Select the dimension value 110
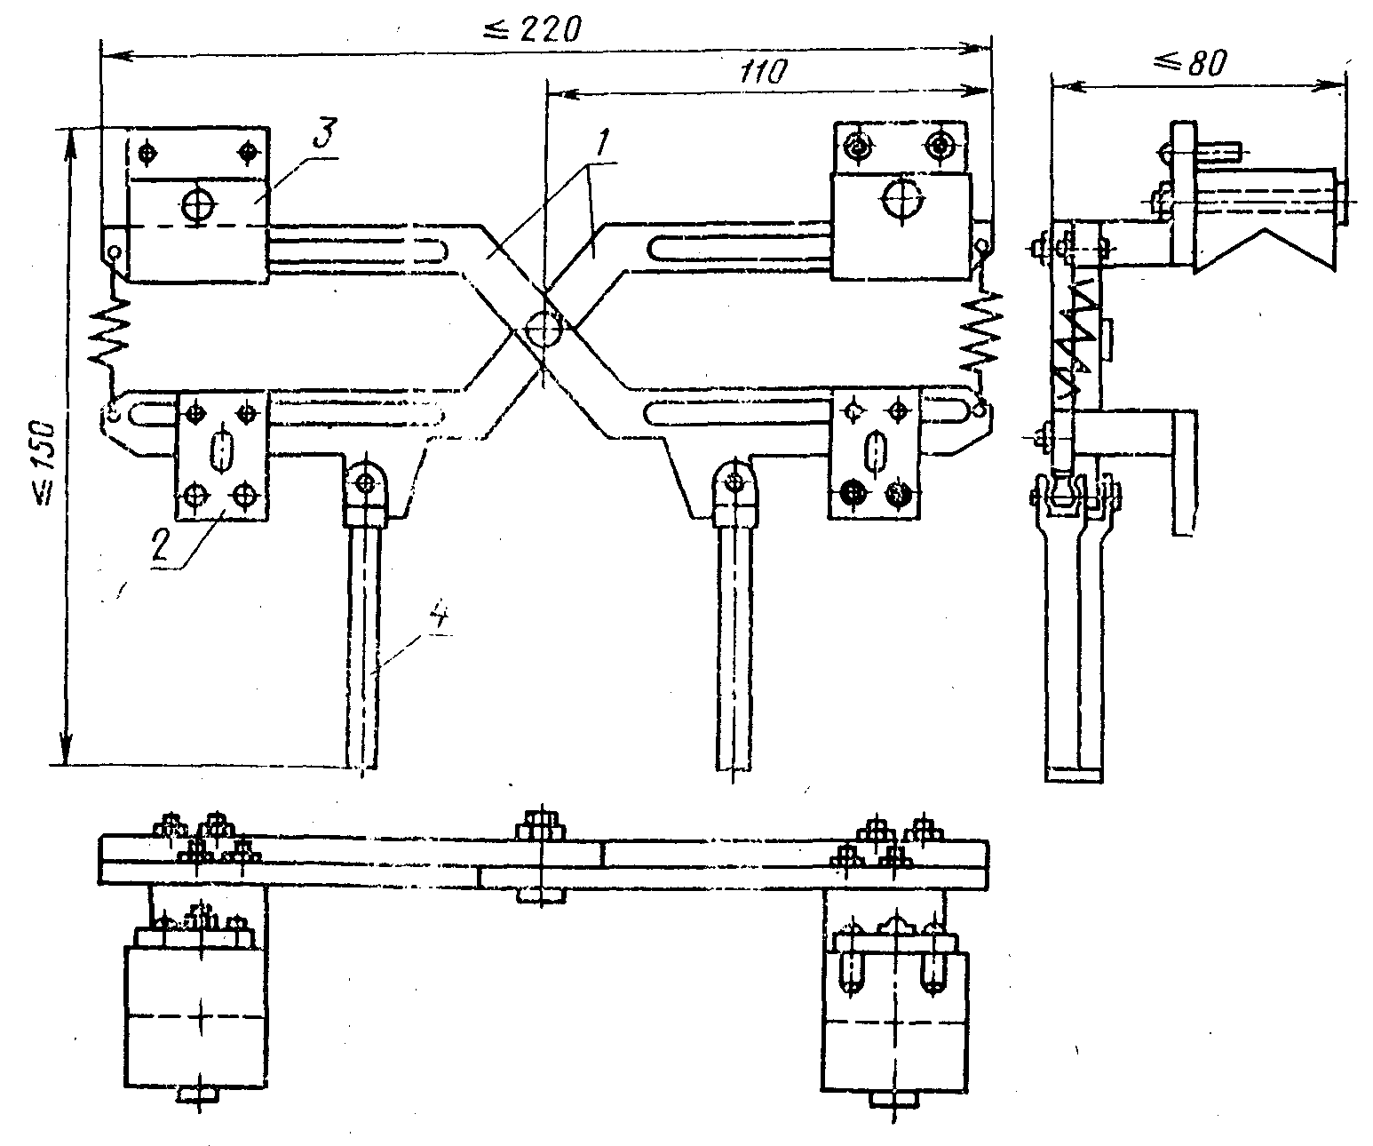pyautogui.click(x=763, y=72)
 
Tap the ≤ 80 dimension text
pyautogui.click(x=1190, y=64)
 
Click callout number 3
pyautogui.click(x=325, y=133)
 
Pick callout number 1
pyautogui.click(x=602, y=142)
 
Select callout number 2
pyautogui.click(x=161, y=545)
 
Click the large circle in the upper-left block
pyautogui.click(x=199, y=205)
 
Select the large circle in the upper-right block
pyautogui.click(x=902, y=195)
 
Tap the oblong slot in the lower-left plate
pyautogui.click(x=222, y=450)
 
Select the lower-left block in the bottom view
pyautogui.click(x=196, y=1016)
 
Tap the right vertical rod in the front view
pyautogui.click(x=734, y=646)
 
